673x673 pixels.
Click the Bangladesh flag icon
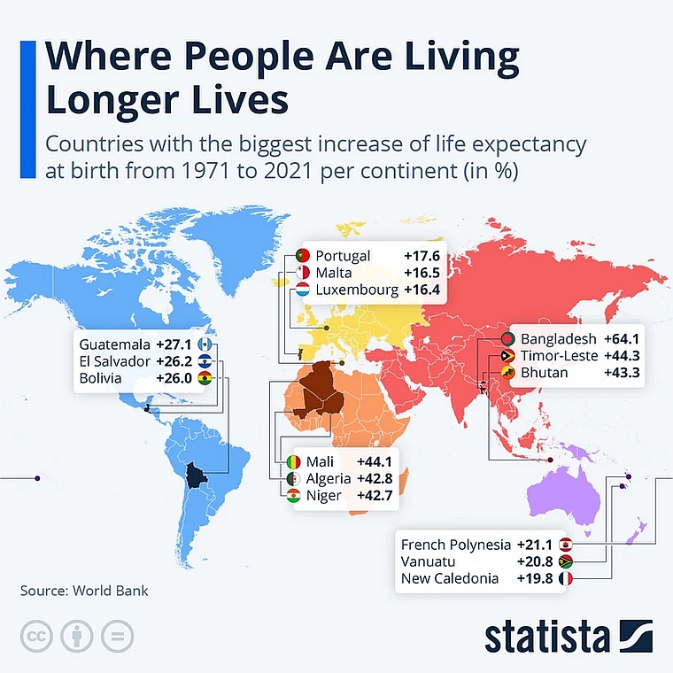pos(507,339)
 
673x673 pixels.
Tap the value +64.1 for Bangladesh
pos(622,339)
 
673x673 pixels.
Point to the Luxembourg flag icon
pos(302,290)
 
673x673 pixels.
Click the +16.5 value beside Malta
pos(422,274)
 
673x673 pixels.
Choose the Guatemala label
pos(114,344)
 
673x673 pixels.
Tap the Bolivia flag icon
pos(205,378)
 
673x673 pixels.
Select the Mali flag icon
pos(294,463)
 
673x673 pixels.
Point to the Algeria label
pos(329,479)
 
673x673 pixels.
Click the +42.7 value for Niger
pos(375,496)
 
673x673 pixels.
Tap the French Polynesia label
pos(456,545)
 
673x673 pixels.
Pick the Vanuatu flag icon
pos(566,561)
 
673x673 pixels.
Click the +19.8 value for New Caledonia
pos(534,578)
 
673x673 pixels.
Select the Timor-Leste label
pos(556,356)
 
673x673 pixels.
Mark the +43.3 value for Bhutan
pos(622,373)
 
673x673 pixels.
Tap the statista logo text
pos(546,637)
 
